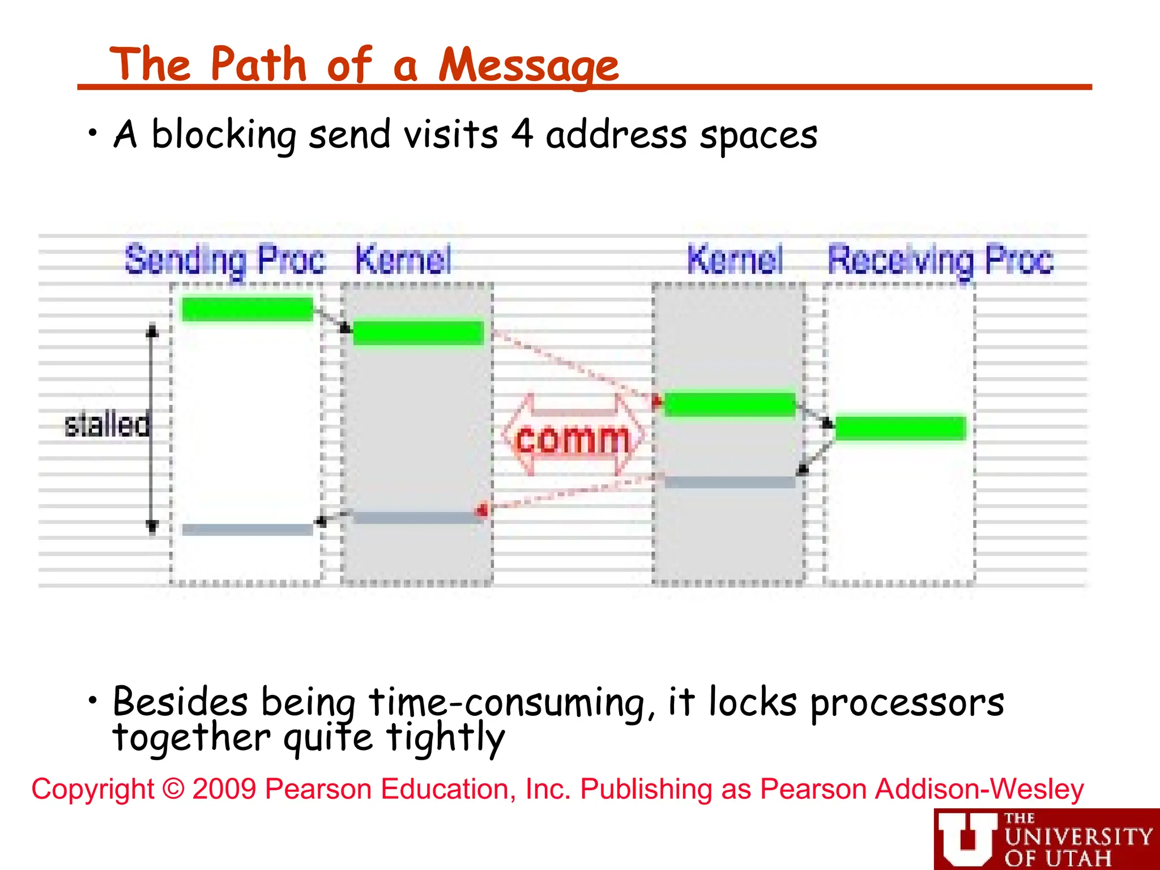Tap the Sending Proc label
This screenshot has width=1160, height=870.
[225, 260]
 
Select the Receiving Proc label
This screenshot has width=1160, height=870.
[940, 260]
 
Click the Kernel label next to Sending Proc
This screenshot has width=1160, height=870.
[403, 260]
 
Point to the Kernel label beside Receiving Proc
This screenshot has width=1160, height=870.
[735, 260]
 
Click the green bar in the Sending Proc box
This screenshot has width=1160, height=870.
[248, 309]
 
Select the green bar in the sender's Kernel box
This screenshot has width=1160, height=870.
[418, 332]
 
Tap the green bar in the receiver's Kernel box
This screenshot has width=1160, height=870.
[730, 404]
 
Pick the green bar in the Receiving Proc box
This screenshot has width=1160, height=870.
[901, 428]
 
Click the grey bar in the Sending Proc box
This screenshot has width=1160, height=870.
[248, 530]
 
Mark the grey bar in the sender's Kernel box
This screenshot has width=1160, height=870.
[418, 518]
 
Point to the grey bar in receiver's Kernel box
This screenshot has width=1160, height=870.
[730, 482]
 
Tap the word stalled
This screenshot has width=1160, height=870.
[106, 425]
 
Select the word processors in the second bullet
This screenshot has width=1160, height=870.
[907, 703]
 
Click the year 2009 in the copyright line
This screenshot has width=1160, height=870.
[224, 789]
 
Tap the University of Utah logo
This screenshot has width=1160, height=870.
[1046, 839]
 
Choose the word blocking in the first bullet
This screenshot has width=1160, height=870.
[224, 136]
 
